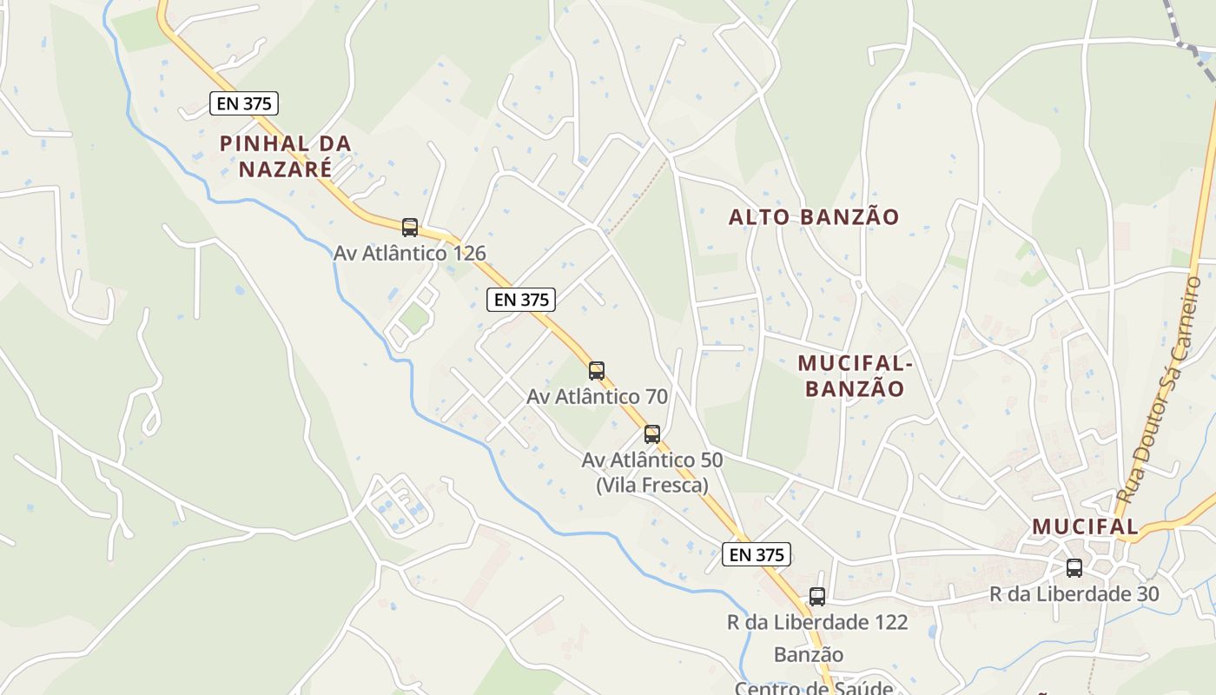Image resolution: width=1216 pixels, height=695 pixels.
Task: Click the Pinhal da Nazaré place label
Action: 285,156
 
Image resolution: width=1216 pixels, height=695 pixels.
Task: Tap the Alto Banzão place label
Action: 814,217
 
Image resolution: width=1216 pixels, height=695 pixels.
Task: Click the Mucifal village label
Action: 1085,526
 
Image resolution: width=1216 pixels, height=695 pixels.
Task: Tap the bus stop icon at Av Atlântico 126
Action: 410,228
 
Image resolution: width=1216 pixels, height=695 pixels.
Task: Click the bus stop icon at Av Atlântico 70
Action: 597,371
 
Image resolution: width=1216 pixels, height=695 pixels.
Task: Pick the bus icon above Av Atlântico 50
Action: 652,434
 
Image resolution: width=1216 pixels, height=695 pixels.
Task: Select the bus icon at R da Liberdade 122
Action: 817,597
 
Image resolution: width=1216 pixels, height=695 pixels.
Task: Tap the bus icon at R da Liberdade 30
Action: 1074,568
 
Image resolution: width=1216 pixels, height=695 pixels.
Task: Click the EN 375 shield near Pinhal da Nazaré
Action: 244,103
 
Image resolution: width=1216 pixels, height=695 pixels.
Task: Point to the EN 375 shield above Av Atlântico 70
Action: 520,300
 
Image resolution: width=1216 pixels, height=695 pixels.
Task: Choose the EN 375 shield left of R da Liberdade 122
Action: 756,554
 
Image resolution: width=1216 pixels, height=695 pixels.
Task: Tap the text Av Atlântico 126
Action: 409,253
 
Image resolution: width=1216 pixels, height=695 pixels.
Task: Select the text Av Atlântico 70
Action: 597,396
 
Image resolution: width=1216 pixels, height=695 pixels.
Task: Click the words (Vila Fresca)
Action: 652,485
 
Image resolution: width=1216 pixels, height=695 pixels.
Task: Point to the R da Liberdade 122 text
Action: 817,622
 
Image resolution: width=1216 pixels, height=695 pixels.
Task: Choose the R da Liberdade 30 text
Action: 1074,594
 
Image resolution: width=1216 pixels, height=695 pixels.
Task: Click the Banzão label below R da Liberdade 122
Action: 809,654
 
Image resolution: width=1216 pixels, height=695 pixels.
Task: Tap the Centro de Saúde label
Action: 814,687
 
